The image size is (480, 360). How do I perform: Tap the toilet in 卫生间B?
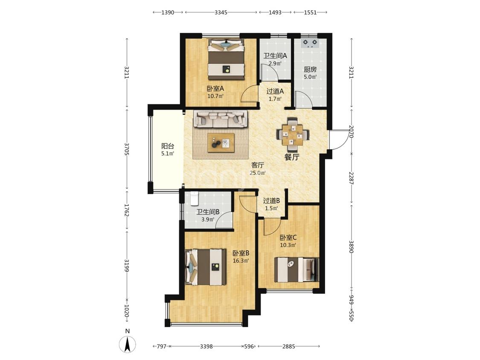(x=195, y=198)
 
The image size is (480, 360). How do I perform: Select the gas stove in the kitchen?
(x=310, y=44)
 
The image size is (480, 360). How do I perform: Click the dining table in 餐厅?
(x=293, y=134)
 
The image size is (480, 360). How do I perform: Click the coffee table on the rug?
(x=221, y=142)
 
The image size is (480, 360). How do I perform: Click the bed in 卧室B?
(x=206, y=267)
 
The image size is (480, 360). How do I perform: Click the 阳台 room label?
(x=168, y=146)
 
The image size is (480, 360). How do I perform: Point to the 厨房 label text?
(x=310, y=70)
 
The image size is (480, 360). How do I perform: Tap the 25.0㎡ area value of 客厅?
(x=257, y=173)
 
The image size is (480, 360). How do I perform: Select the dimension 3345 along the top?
(x=221, y=12)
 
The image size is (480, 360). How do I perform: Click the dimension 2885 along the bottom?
(x=289, y=346)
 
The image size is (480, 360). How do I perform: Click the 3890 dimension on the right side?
(x=351, y=247)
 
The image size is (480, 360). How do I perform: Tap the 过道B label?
(x=271, y=201)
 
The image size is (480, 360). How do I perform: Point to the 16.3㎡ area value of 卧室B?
(x=241, y=261)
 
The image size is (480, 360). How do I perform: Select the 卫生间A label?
(x=275, y=56)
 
